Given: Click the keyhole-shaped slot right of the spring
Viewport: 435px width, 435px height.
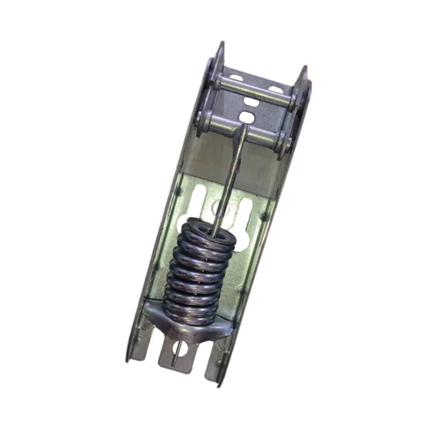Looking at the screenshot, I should pos(245,221).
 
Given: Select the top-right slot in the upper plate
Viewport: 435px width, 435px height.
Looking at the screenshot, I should pos(276,90).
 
